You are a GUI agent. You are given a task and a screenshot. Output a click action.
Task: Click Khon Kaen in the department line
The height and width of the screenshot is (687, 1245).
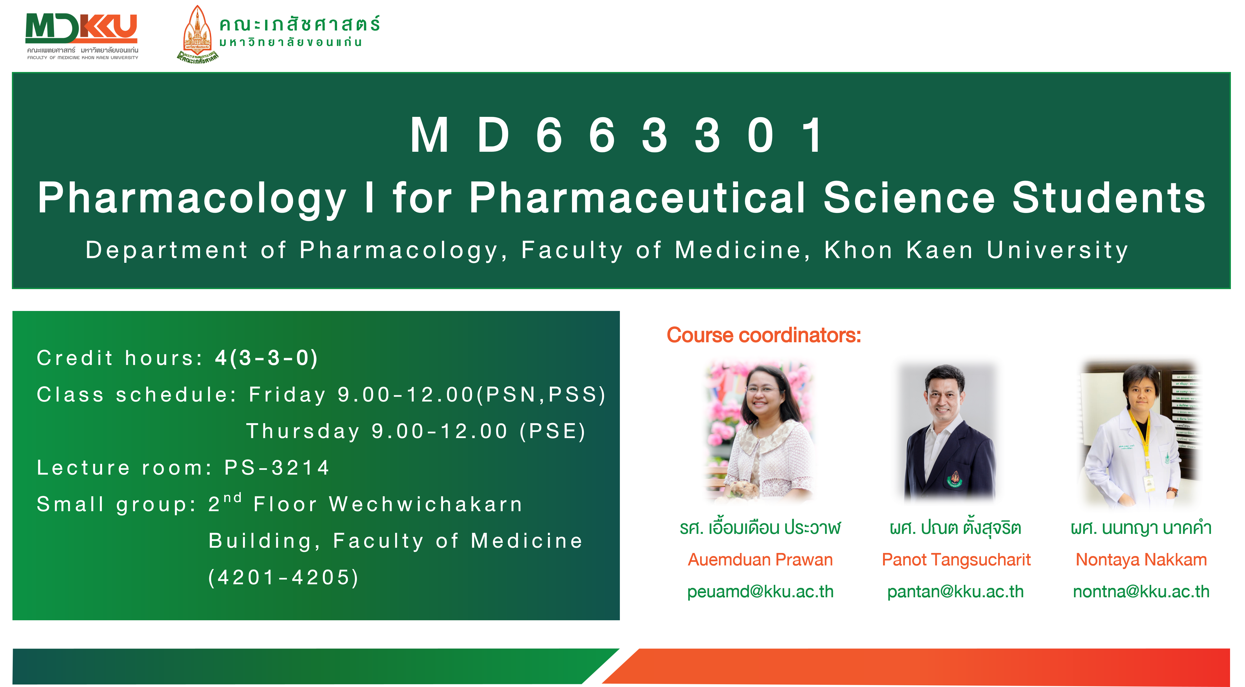tap(899, 250)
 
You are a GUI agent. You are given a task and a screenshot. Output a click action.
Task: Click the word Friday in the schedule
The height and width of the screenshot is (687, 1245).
tap(288, 395)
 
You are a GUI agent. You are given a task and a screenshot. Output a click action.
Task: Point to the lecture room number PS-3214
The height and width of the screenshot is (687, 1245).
tap(277, 467)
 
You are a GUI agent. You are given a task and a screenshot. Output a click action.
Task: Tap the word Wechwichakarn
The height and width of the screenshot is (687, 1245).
tap(426, 504)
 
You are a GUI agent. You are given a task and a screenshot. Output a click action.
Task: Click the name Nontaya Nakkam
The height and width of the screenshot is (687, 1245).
tap(1141, 560)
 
